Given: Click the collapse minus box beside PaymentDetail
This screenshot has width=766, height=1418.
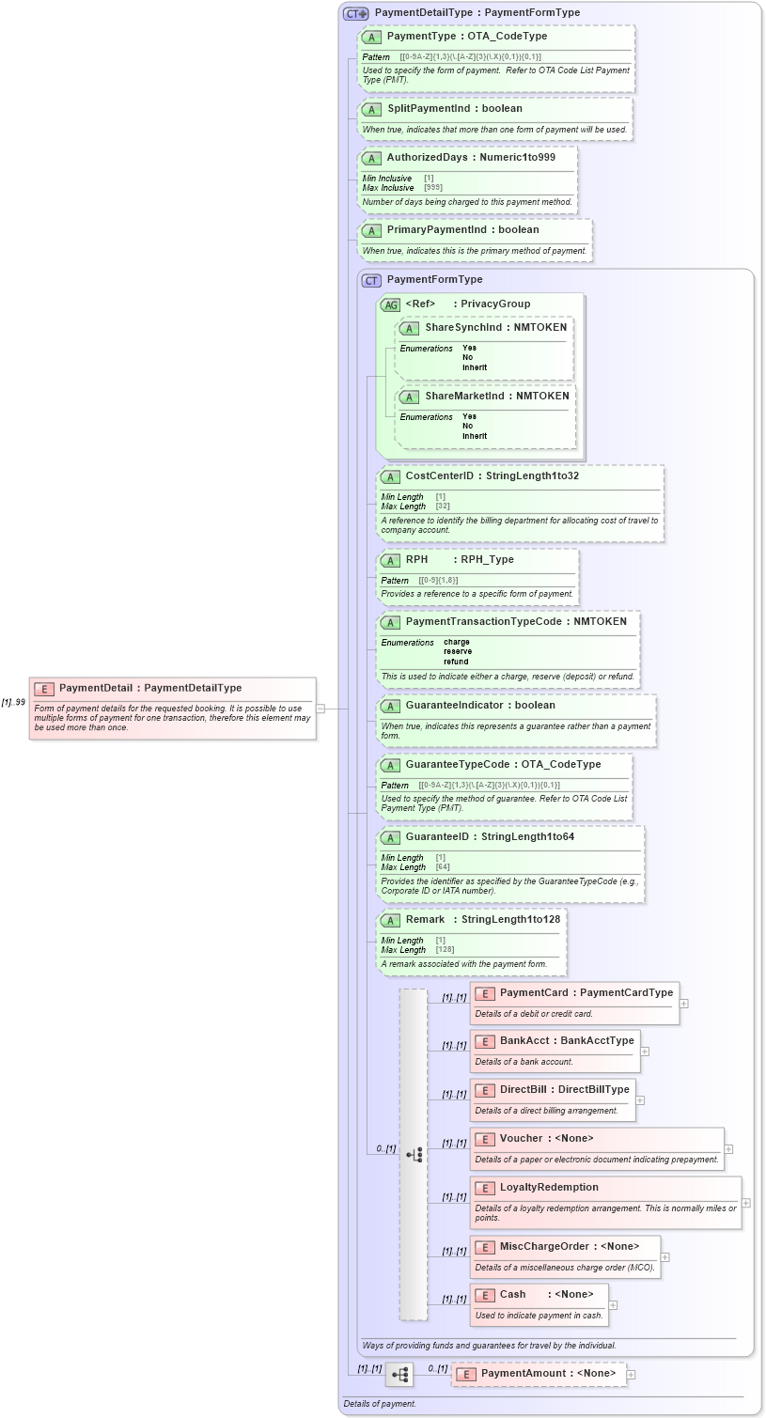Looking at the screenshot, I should tap(320, 709).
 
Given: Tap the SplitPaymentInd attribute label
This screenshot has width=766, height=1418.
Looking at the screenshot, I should tap(429, 109).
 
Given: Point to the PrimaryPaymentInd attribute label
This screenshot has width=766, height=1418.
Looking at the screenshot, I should tap(437, 230).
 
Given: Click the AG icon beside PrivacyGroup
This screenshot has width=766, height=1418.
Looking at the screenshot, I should tap(390, 304).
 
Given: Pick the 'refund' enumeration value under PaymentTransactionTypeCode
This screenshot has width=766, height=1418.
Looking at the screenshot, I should tap(456, 662).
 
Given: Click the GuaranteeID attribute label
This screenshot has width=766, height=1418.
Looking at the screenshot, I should tap(437, 837).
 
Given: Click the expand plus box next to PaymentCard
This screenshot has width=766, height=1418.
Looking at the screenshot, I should tap(684, 1004).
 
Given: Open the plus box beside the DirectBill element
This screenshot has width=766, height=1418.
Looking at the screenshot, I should tap(640, 1100).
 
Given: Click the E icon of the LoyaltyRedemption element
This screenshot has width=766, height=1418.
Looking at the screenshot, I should tap(485, 1189).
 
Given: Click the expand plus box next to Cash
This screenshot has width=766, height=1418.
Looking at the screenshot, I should tap(613, 1305).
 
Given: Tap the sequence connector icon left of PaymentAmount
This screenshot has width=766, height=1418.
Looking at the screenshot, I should tap(399, 1375).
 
